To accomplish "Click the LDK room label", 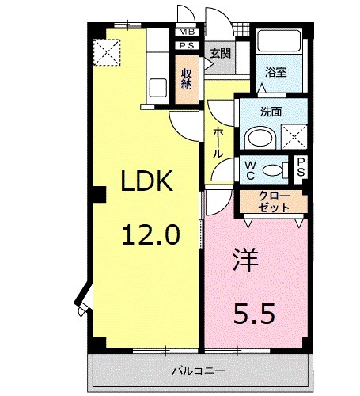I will (147, 184).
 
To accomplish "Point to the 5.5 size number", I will (253, 314).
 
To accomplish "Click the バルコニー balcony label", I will (199, 371).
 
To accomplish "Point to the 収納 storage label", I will (187, 78).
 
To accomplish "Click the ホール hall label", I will (218, 143).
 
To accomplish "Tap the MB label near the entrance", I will (187, 32).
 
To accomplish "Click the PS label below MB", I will (187, 46).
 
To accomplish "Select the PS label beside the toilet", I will (301, 168).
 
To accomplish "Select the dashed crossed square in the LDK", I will (105, 52).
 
